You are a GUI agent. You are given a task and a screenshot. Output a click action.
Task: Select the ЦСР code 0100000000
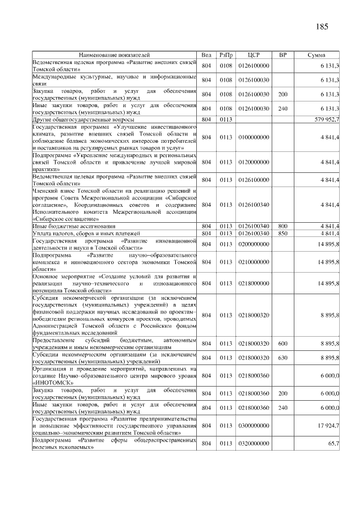tap(254, 137)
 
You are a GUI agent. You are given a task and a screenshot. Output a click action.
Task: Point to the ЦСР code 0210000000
tap(254, 262)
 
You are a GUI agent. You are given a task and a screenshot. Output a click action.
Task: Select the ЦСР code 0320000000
tap(254, 443)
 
